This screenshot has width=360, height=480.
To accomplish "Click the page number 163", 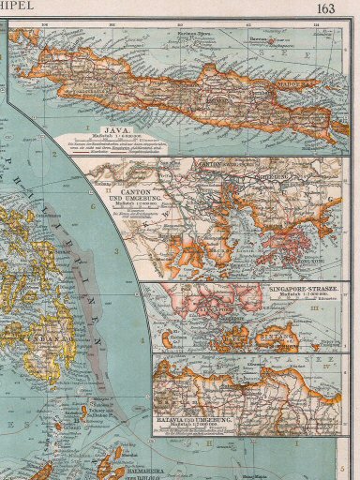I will (325, 9).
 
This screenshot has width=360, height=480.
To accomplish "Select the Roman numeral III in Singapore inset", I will (341, 306).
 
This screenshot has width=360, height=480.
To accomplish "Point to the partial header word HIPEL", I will (17, 8).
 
